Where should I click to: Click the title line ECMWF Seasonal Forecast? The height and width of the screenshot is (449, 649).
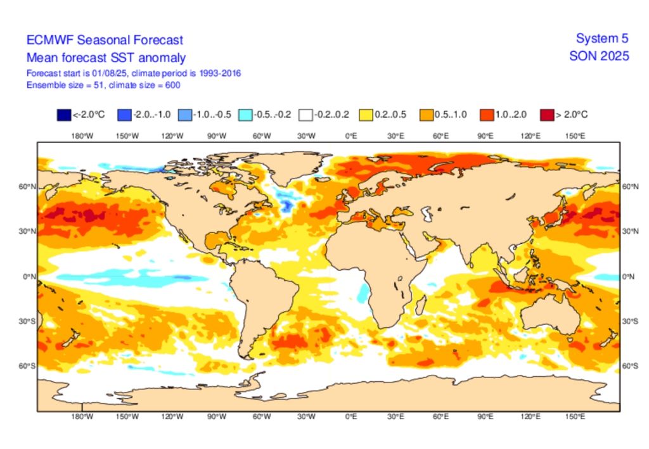105,40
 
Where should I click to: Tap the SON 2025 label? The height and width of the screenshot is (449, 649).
599,56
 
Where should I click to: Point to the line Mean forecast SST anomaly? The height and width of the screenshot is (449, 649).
106,58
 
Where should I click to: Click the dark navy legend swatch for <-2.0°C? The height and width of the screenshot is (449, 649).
63,115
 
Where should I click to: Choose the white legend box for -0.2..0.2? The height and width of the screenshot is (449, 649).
307,115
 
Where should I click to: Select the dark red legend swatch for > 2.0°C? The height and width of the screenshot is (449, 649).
547,115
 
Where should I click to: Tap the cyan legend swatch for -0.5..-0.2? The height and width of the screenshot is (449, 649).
245,115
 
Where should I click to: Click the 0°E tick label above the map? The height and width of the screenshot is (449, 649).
351,136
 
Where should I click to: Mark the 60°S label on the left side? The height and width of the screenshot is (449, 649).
28,366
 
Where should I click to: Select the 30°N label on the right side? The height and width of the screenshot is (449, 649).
629,232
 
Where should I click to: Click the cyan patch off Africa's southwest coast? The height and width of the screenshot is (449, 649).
363,293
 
